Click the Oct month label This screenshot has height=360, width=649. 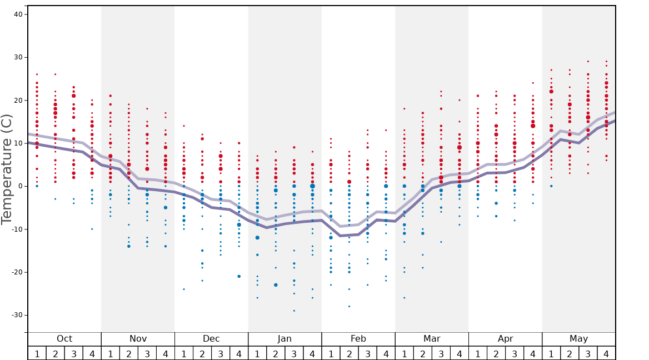pos(64,339)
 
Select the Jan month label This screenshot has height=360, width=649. pos(284,339)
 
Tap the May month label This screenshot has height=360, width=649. pos(578,339)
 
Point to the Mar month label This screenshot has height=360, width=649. pos(432,339)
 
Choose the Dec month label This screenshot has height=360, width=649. pos(211,339)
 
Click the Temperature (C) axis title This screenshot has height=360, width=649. pos(7,169)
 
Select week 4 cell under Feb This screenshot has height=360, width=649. pos(386,353)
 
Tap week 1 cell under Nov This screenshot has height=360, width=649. pos(111,353)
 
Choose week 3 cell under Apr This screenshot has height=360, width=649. pos(515,353)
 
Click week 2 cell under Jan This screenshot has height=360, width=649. pos(276,353)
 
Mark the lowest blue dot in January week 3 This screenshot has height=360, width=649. pos(294,311)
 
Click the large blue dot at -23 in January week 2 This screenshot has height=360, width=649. pos(276,285)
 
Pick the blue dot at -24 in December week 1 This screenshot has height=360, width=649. pos(184,289)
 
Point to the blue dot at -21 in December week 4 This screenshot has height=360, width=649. pos(239,276)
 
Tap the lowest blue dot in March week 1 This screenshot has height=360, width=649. pos(404,298)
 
